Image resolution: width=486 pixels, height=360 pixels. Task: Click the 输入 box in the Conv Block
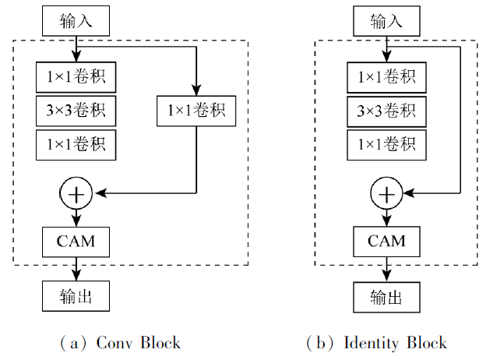point(76,20)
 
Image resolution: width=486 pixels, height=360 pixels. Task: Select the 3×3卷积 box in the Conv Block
point(76,111)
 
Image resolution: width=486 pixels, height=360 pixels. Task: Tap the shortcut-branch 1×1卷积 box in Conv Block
point(196,111)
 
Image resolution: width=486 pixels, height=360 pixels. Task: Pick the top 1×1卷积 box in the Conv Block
point(76,78)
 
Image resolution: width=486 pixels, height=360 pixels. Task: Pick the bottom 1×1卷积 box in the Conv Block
point(76,144)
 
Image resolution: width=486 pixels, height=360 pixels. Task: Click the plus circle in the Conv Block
point(76,193)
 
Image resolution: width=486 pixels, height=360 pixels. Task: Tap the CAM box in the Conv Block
point(76,241)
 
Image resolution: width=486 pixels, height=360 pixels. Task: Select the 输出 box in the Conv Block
point(76,297)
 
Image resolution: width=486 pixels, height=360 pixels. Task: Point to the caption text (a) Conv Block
point(120,342)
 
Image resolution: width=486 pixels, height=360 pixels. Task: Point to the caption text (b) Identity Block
point(375,342)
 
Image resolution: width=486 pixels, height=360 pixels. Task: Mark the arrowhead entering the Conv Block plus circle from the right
point(97,193)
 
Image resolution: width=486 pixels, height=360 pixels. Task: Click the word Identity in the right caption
point(368,342)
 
